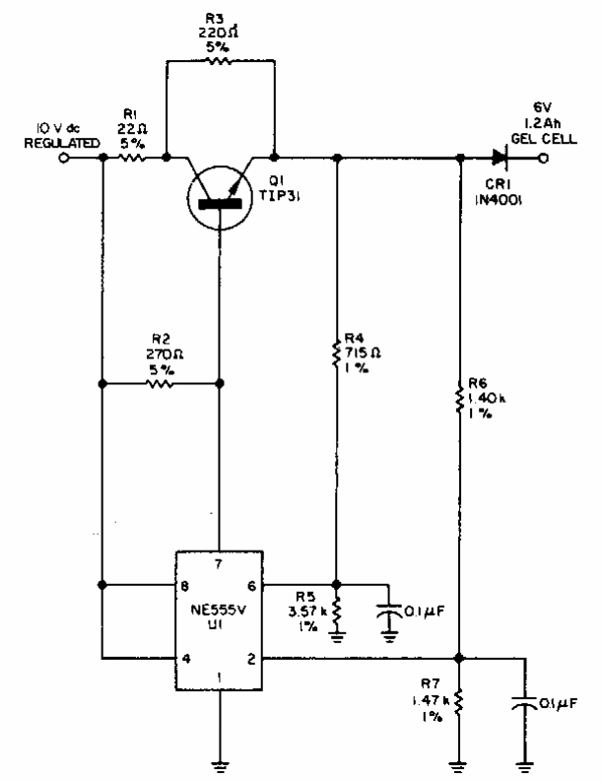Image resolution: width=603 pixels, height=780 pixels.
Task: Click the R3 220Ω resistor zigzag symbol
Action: (218, 61)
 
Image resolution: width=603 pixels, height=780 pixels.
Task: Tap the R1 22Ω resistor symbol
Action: (132, 158)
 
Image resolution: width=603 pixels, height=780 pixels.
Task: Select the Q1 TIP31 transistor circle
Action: (220, 198)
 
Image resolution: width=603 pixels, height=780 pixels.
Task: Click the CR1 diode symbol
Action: (500, 158)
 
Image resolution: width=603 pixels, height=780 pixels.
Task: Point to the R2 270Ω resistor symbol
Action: (160, 383)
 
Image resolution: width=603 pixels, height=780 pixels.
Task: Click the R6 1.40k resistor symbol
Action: (460, 398)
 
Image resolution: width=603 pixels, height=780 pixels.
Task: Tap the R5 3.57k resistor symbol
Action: (337, 612)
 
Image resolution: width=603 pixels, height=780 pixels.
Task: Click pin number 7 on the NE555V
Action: (219, 564)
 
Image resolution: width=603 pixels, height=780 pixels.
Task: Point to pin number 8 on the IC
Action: (185, 586)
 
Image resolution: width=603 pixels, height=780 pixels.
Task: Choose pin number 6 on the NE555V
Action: (252, 586)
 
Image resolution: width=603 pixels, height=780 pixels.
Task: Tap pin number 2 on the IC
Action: (252, 659)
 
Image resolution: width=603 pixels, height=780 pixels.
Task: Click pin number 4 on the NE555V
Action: (186, 659)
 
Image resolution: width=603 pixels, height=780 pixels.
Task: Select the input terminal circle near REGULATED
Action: (63, 159)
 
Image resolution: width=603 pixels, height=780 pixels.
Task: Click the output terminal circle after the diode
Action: (544, 159)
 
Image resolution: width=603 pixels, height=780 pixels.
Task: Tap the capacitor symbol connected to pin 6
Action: (388, 611)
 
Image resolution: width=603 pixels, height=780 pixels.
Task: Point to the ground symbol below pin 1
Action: (219, 766)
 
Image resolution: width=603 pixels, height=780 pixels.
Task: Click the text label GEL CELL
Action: (544, 138)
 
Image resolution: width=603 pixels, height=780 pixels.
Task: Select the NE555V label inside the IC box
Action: (218, 610)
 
